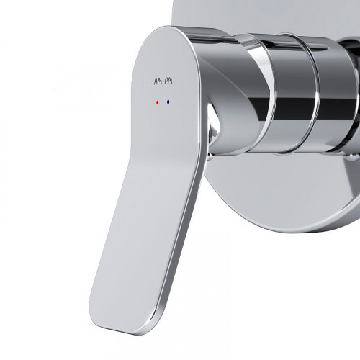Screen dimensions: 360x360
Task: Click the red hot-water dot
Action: coord(158,102)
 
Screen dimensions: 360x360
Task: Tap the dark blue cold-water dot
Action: coord(168,102)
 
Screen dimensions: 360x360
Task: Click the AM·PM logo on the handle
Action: coord(163,82)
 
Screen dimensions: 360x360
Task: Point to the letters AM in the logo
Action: coord(158,82)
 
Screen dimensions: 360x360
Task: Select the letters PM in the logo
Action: coord(168,81)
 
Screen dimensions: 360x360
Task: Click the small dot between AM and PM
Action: coord(163,83)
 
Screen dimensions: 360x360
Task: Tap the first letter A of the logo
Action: coord(156,82)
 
